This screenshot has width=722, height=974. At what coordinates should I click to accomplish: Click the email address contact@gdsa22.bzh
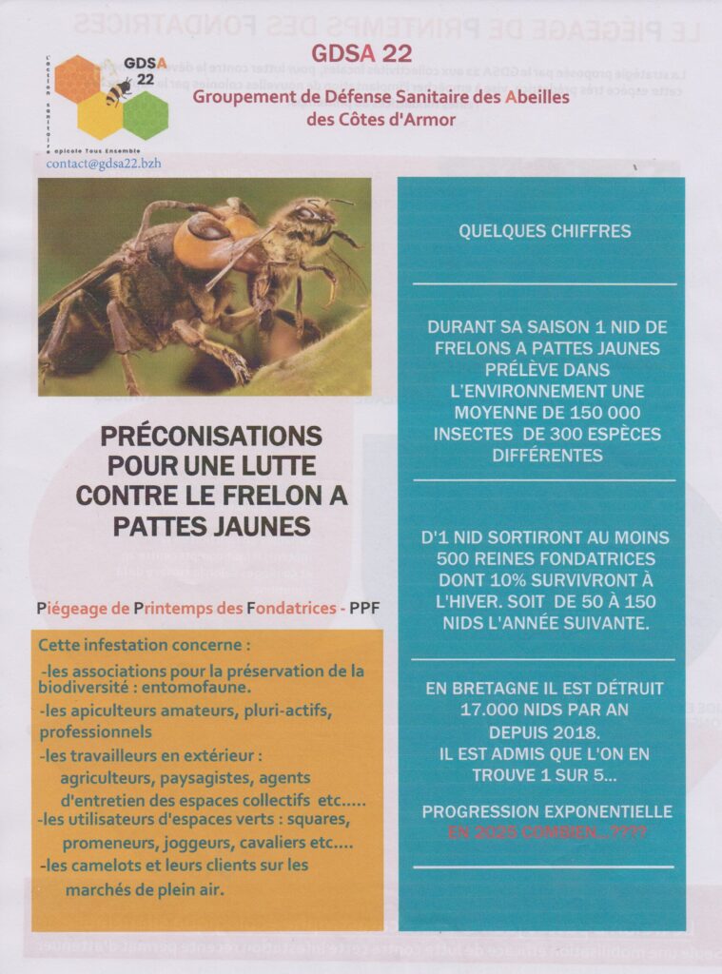point(104,163)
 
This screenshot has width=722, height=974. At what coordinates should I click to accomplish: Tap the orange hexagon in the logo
point(77,79)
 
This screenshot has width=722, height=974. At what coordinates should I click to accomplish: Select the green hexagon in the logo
point(146,114)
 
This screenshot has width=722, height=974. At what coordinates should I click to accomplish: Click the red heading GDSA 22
point(358,53)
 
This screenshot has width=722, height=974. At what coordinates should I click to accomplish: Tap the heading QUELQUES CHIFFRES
point(544,231)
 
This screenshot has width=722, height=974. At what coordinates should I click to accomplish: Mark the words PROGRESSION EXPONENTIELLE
point(547,811)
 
